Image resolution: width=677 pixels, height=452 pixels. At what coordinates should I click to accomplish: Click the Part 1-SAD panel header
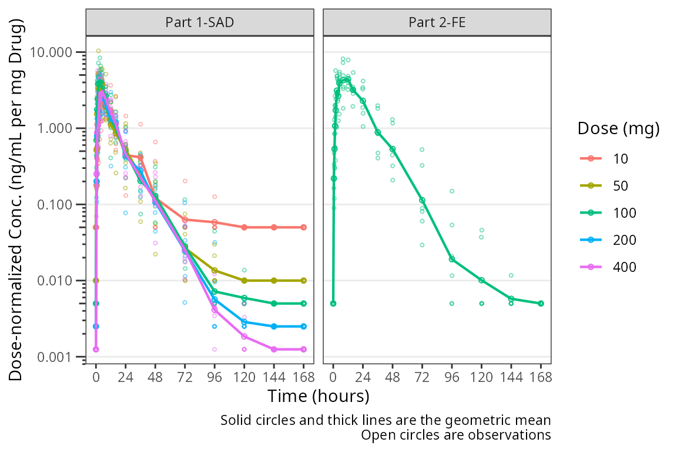click(x=200, y=23)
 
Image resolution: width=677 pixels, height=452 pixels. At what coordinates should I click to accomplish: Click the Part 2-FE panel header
click(x=437, y=23)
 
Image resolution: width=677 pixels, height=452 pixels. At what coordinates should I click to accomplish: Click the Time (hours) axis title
click(x=318, y=395)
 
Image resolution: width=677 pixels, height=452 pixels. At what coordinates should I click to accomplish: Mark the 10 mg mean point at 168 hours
click(x=304, y=227)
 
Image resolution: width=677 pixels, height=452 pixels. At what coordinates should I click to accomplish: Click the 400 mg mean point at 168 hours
click(x=304, y=349)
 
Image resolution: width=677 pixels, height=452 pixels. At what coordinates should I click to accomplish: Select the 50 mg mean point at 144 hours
click(x=274, y=281)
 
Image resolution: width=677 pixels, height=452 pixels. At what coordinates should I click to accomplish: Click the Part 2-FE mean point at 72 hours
click(x=422, y=201)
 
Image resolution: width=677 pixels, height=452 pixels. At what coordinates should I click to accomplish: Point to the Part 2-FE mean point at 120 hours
click(x=482, y=280)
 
